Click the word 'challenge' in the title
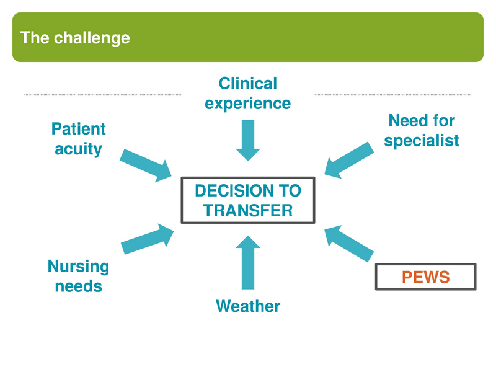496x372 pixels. (x=92, y=37)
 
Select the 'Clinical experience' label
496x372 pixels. (x=247, y=93)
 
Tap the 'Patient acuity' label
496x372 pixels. (x=78, y=139)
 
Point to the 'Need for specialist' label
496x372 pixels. (x=421, y=130)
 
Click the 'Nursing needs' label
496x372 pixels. (x=78, y=276)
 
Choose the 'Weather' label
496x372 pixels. (x=247, y=306)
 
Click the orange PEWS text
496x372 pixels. (x=425, y=277)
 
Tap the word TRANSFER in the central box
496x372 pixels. (x=247, y=210)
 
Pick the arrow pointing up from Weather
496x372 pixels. (x=248, y=261)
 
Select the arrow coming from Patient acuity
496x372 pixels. (x=146, y=164)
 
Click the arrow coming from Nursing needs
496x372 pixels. (x=148, y=239)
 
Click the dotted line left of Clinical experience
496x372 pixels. (x=103, y=95)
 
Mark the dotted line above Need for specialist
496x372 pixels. (x=392, y=95)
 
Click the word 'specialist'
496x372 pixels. (x=421, y=141)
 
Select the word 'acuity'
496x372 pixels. (x=78, y=149)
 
